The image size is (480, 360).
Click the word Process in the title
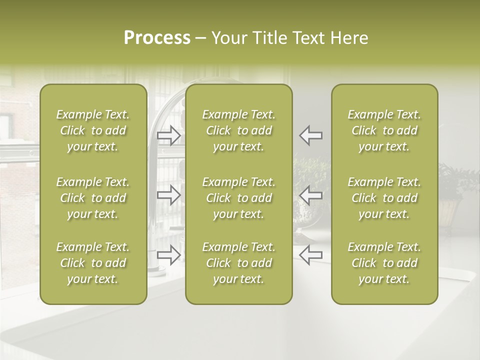pyautogui.click(x=157, y=38)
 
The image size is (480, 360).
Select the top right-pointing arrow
pyautogui.click(x=169, y=135)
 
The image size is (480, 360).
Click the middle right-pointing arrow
pyautogui.click(x=169, y=194)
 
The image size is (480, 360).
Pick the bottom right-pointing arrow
pyautogui.click(x=169, y=254)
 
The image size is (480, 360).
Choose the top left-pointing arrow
pyautogui.click(x=311, y=135)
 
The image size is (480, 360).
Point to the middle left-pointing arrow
pyautogui.click(x=311, y=194)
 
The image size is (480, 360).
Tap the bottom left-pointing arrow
pyautogui.click(x=311, y=254)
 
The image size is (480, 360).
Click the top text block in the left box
pyautogui.click(x=93, y=130)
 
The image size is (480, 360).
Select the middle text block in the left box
pyautogui.click(x=93, y=198)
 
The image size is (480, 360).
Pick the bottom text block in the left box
pyautogui.click(x=93, y=263)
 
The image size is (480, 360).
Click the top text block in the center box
pyautogui.click(x=239, y=130)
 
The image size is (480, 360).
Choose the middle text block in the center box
pyautogui.click(x=239, y=198)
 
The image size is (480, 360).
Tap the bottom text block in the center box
pyautogui.click(x=239, y=263)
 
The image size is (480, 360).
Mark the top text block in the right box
pyautogui.click(x=384, y=130)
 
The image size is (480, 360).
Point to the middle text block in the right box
pyautogui.click(x=384, y=198)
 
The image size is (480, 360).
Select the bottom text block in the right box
pyautogui.click(x=384, y=263)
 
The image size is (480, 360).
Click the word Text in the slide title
pyautogui.click(x=309, y=38)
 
